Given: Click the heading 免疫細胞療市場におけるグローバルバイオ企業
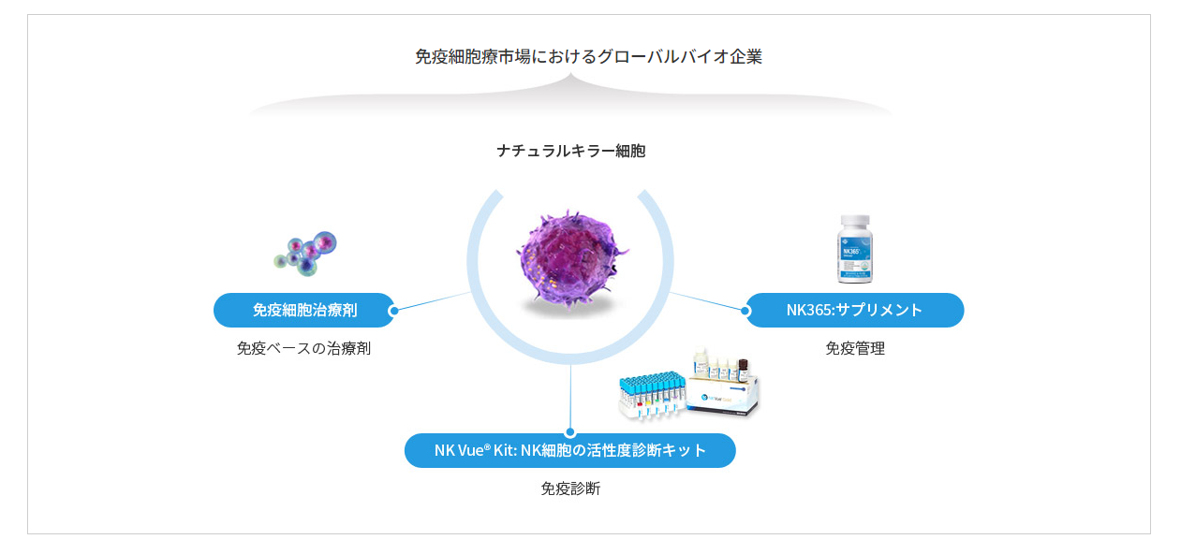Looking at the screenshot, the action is click(588, 56).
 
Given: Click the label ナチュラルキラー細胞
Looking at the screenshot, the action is click(571, 152).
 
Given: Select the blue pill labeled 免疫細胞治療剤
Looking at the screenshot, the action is click(304, 310).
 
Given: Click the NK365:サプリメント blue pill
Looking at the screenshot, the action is click(855, 310).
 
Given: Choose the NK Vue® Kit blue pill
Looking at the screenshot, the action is click(570, 450).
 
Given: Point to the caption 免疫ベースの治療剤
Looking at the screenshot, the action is click(303, 348).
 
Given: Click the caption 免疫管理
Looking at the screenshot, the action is click(855, 348).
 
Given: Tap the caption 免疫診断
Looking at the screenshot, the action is click(570, 488).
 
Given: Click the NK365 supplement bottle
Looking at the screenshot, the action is click(855, 249).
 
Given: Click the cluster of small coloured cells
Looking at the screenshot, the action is click(305, 254).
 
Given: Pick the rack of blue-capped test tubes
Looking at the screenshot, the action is click(653, 396).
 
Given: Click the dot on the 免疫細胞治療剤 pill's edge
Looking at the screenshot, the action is click(393, 311).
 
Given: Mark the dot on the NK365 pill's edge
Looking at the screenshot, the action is click(746, 311).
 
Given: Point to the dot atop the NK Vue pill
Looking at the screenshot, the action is click(570, 433).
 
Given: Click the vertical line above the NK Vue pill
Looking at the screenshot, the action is click(570, 396).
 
